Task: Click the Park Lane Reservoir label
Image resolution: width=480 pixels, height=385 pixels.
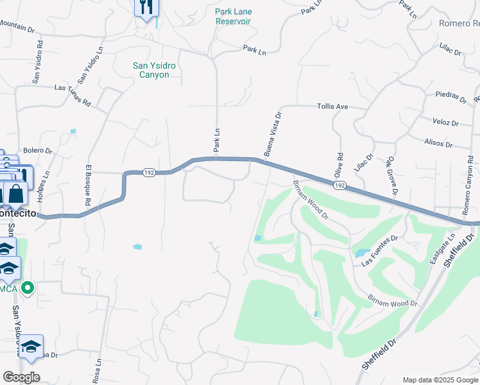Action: (x=232, y=16)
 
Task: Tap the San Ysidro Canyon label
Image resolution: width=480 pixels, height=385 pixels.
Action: (x=154, y=70)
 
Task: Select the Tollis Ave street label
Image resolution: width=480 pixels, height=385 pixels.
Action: (x=332, y=107)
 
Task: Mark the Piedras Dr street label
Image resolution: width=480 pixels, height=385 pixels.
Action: (x=450, y=98)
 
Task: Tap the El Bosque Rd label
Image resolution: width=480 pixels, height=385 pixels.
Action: (x=88, y=185)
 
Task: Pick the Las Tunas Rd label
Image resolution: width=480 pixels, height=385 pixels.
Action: (x=73, y=94)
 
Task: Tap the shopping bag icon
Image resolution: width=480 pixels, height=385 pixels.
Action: (x=15, y=192)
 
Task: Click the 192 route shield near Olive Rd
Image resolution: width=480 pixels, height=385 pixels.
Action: (x=340, y=185)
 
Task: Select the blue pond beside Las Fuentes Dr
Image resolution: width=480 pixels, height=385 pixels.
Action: (x=360, y=253)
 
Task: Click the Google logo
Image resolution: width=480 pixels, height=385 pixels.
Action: (x=21, y=377)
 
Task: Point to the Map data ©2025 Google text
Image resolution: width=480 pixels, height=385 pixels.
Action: (x=440, y=380)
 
